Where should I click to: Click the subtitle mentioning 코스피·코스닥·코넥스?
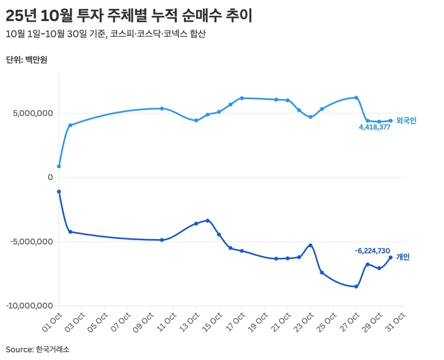click(105, 34)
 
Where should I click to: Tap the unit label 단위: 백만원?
click(27, 60)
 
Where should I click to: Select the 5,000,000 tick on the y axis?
click(31, 114)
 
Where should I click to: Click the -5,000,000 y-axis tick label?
click(30, 242)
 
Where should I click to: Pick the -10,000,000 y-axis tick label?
click(28, 306)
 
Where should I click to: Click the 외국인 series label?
click(407, 120)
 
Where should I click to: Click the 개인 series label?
click(403, 257)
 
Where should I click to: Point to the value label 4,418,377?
click(374, 127)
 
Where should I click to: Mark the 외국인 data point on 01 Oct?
click(59, 167)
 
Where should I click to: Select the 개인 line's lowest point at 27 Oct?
click(356, 286)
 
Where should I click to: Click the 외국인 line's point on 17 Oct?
click(242, 98)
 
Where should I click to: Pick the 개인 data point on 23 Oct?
click(310, 245)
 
